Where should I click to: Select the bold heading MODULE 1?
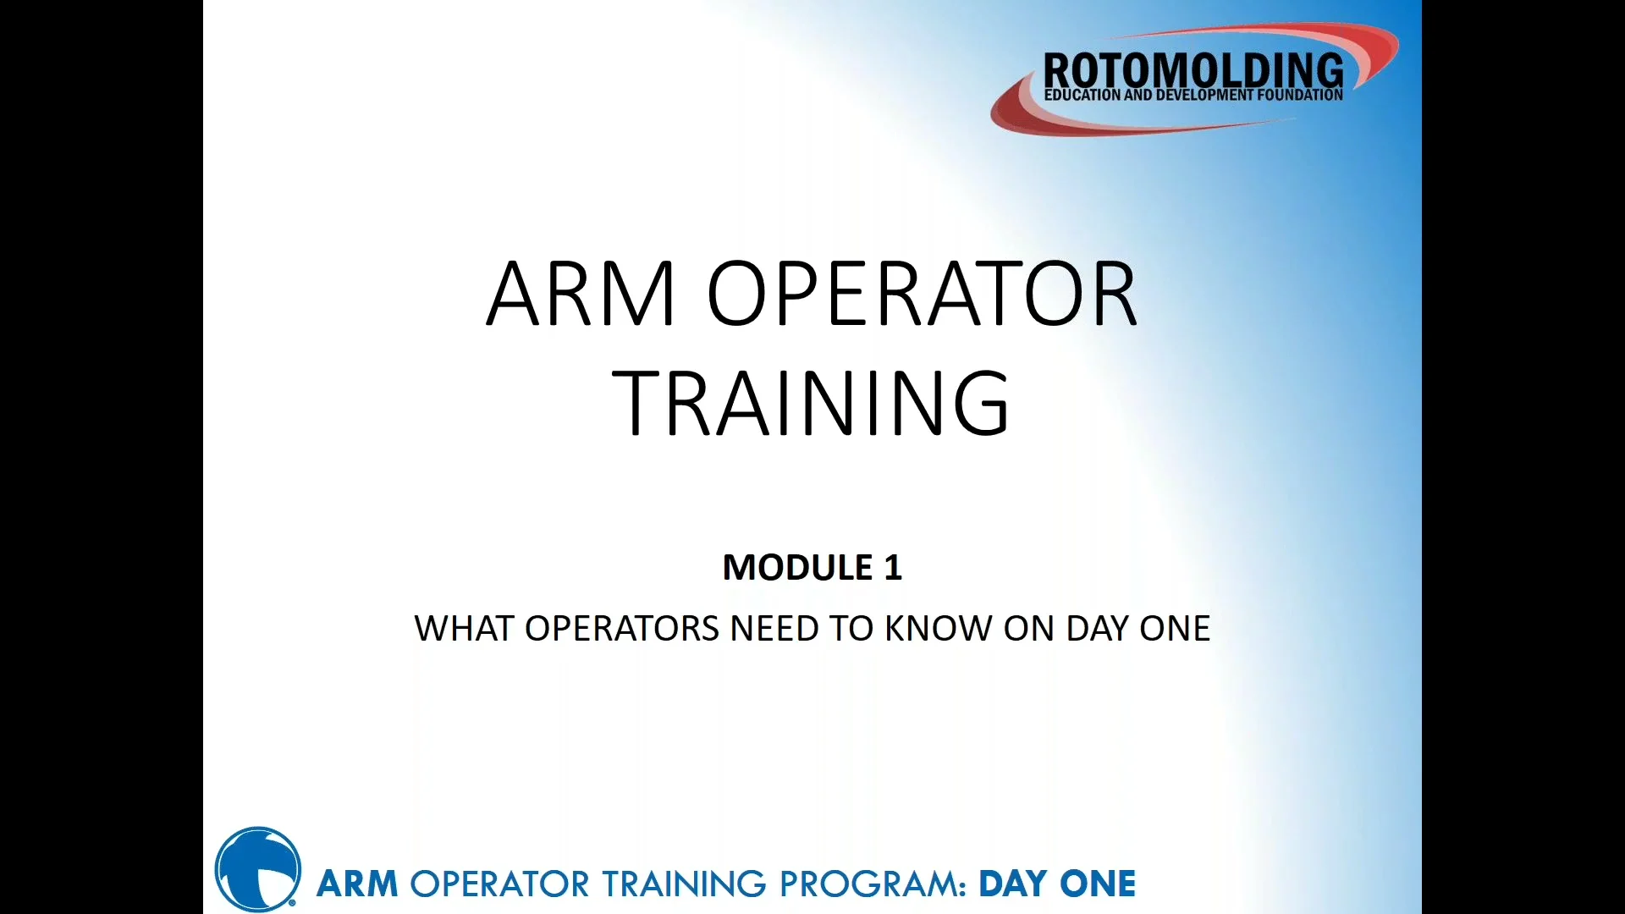(812, 567)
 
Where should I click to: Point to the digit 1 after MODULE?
(892, 567)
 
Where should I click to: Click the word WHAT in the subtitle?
(464, 629)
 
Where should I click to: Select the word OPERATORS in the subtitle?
(621, 629)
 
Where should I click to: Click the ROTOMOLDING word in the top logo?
(1193, 69)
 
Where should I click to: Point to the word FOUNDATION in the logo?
(1300, 95)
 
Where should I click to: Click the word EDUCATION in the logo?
(1082, 95)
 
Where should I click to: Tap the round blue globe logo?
(257, 869)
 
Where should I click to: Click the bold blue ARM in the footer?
(356, 884)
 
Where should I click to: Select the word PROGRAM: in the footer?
(873, 884)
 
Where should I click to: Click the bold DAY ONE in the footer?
(1056, 884)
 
